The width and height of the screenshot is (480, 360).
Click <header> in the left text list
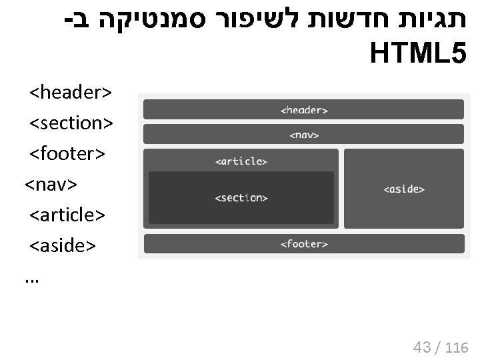71,91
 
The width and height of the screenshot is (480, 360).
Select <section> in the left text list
71,123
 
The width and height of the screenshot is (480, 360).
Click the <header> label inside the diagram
304,110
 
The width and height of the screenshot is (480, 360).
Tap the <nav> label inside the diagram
304,135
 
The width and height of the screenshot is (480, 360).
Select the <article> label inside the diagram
241,161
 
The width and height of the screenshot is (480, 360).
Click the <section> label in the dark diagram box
241,198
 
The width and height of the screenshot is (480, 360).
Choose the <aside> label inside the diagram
404,189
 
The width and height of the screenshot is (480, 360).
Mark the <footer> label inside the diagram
304,244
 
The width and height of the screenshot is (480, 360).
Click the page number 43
422,347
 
